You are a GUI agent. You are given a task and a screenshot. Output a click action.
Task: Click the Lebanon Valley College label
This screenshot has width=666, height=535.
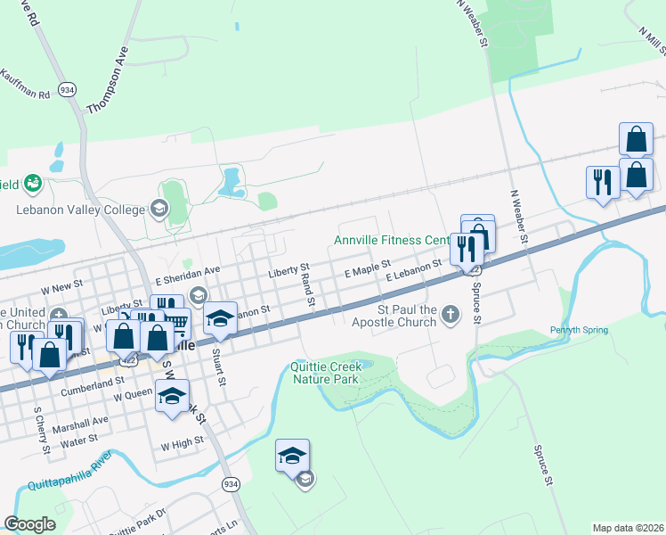point(80,210)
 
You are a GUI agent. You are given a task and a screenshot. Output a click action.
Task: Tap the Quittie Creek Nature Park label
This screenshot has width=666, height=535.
point(325,373)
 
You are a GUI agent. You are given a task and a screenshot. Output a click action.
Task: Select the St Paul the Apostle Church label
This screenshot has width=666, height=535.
point(397,317)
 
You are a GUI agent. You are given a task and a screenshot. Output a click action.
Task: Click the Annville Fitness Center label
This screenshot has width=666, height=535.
point(392,240)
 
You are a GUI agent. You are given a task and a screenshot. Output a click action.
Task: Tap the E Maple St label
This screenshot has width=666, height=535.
point(368,267)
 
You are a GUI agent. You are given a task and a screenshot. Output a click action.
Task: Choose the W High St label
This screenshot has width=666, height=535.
point(182,443)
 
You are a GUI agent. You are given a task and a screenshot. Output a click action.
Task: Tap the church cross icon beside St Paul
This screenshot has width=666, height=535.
point(451,314)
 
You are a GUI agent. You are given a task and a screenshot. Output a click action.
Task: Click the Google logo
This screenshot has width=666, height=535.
point(29,524)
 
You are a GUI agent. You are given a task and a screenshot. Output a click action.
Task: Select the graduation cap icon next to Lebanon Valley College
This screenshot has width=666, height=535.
point(159,210)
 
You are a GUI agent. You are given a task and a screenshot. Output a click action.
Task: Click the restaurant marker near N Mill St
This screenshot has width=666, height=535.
point(603,182)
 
